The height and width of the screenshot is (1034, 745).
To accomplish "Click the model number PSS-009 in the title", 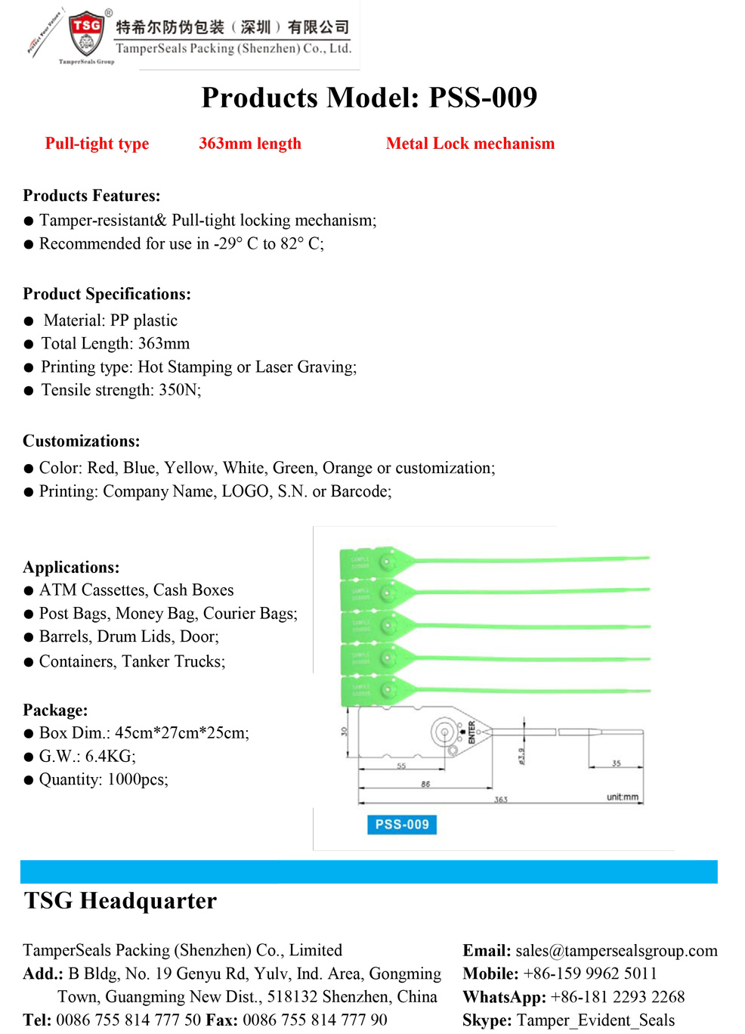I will pyautogui.click(x=483, y=98).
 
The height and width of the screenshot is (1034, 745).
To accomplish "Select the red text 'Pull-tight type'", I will pyautogui.click(x=97, y=144).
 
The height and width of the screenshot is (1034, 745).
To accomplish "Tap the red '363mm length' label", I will pyautogui.click(x=249, y=144).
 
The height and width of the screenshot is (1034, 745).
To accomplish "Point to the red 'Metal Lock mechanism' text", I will pyautogui.click(x=470, y=144).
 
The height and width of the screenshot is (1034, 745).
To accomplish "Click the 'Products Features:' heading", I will pyautogui.click(x=91, y=196).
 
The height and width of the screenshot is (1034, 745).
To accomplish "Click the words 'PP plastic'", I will pyautogui.click(x=144, y=320).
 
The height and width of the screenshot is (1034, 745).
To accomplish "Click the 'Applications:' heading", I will pyautogui.click(x=71, y=568).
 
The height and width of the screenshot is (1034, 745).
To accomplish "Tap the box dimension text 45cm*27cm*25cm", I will pyautogui.click(x=181, y=733).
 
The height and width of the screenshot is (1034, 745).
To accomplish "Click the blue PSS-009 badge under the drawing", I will pyautogui.click(x=401, y=824).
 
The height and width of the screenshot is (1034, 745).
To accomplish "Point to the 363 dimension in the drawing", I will pyautogui.click(x=501, y=799).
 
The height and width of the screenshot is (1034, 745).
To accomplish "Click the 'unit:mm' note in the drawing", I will pyautogui.click(x=622, y=797).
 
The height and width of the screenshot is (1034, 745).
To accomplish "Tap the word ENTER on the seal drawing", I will pyautogui.click(x=471, y=732).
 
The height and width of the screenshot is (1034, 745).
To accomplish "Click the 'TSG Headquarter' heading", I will pyautogui.click(x=120, y=901).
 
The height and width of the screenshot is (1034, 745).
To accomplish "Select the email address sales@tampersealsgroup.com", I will pyautogui.click(x=617, y=951).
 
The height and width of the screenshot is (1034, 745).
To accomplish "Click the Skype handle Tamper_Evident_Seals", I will pyautogui.click(x=595, y=1020).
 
